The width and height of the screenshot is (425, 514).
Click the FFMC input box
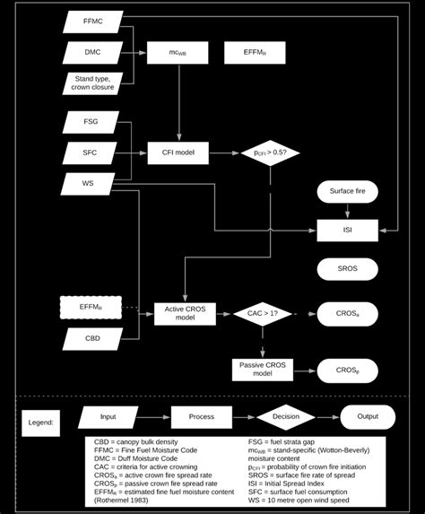click(91, 22)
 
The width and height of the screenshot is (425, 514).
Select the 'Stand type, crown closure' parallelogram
click(91, 83)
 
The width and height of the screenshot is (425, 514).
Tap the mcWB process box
click(178, 53)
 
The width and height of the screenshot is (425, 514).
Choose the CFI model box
click(178, 153)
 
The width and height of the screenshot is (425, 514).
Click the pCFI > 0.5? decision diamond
click(270, 153)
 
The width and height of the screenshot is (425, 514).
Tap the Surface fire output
click(347, 191)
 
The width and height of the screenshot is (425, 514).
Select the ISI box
click(347, 230)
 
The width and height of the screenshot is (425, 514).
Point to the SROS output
click(347, 268)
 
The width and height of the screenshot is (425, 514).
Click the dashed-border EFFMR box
click(91, 308)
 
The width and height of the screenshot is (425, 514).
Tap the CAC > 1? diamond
click(263, 314)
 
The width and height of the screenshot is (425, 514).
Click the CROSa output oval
click(347, 314)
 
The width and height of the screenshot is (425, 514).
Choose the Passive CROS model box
click(263, 370)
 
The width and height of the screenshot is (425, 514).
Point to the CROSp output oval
click(347, 370)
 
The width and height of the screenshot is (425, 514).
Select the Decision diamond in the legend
click(285, 418)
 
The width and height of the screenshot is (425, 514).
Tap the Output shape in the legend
click(368, 418)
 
